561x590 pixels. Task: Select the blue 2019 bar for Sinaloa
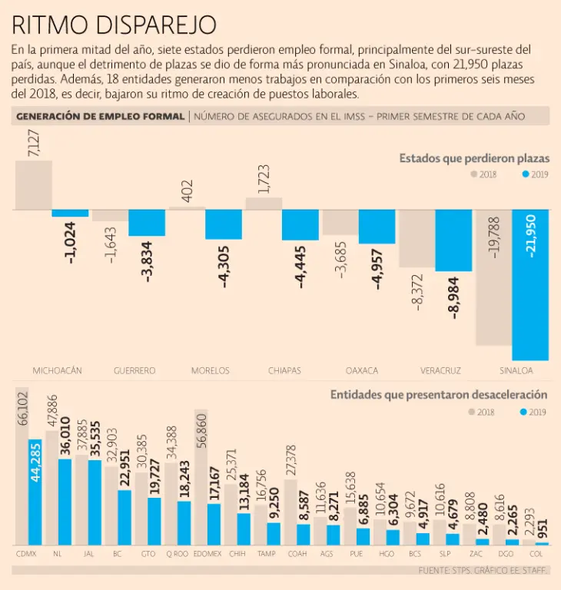pyautogui.click(x=530, y=284)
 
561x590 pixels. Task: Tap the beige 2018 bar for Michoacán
pyautogui.click(x=34, y=185)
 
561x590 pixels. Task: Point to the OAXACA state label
pyautogui.click(x=361, y=370)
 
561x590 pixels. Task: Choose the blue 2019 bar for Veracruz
pyautogui.click(x=453, y=240)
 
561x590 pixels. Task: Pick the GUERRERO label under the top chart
pyautogui.click(x=134, y=370)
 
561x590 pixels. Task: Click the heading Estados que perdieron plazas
pyautogui.click(x=473, y=157)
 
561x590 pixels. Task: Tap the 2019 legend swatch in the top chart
pyautogui.click(x=526, y=174)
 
